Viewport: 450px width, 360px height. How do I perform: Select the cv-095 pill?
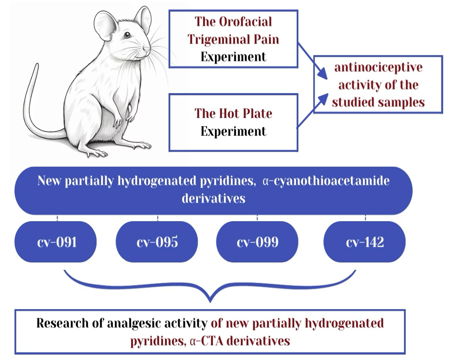point(157,242)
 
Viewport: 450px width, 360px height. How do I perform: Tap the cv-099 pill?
point(257,242)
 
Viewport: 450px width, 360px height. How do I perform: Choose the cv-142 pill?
point(365,242)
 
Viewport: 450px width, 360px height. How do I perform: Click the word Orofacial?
point(245,22)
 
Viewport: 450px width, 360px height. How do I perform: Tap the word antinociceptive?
point(378,67)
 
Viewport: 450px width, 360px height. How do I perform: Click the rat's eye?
point(127,35)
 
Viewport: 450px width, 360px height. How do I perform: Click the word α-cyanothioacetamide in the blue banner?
point(326,181)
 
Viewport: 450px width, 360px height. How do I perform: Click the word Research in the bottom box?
point(62,323)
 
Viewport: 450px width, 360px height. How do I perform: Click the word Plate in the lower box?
point(257,113)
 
